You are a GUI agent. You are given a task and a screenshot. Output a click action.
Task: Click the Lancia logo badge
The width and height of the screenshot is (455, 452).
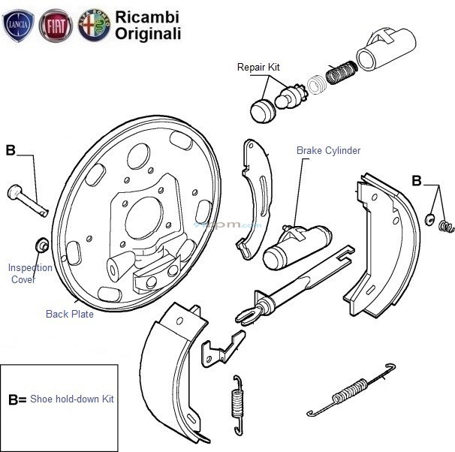tap(19, 26)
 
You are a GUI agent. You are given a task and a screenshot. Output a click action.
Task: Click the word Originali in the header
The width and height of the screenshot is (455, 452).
tap(148, 34)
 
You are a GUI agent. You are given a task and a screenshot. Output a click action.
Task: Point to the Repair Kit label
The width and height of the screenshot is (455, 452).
tap(258, 68)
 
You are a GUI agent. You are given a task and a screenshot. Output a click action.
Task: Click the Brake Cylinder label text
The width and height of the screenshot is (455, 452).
tap(328, 151)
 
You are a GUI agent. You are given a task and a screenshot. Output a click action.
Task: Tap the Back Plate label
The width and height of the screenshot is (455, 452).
tap(70, 315)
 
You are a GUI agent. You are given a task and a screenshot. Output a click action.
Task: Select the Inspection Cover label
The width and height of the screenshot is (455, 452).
tap(30, 273)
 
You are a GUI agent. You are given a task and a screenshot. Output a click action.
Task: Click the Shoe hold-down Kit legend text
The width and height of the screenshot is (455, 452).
tap(72, 399)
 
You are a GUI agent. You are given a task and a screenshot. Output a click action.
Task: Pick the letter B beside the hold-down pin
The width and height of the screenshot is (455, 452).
tap(11, 150)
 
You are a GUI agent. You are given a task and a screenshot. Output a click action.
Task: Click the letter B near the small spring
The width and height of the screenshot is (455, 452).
tap(418, 180)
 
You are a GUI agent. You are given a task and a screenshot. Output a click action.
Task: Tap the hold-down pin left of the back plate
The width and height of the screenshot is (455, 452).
tap(27, 200)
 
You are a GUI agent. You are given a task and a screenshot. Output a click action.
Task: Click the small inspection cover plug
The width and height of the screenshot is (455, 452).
tap(43, 245)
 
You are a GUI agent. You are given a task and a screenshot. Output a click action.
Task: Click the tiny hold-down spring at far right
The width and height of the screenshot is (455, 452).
tap(446, 224)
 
